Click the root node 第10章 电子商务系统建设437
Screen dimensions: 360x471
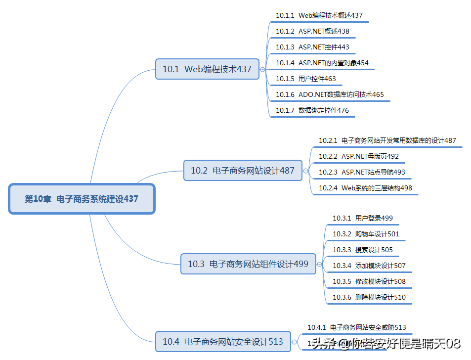(x=82, y=199)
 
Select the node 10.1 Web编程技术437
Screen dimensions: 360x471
(x=207, y=69)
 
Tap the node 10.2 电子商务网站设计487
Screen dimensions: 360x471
(x=243, y=171)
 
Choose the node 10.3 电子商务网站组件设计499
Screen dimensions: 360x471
(x=248, y=264)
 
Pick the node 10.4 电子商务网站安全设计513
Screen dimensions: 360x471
(x=223, y=341)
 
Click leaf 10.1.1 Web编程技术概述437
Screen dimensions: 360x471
(x=319, y=15)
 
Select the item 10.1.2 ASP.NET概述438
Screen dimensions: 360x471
(x=312, y=31)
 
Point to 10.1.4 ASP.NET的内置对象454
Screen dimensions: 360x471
(x=322, y=63)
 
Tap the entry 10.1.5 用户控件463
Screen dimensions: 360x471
(x=306, y=79)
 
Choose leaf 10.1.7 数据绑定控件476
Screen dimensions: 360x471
(x=312, y=110)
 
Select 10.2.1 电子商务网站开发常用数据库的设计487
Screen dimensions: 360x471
(x=387, y=140)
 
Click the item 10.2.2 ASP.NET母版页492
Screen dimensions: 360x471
(x=358, y=156)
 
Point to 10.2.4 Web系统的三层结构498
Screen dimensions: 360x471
(x=365, y=188)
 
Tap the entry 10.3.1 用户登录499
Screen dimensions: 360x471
(x=362, y=218)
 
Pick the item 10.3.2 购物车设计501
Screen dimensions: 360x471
(x=365, y=234)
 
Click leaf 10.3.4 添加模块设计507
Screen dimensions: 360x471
(x=369, y=266)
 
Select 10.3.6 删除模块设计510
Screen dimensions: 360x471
(x=369, y=297)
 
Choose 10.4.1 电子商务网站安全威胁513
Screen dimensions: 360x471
(x=356, y=327)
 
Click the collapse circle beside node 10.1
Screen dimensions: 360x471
(x=263, y=70)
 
